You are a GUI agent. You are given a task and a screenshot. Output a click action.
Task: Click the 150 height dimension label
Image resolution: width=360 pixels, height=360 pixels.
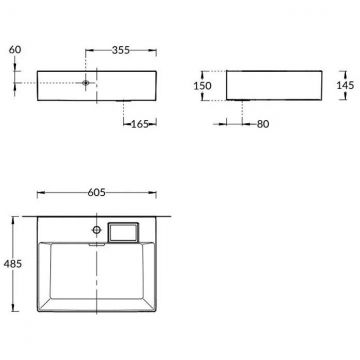click(201, 86)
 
